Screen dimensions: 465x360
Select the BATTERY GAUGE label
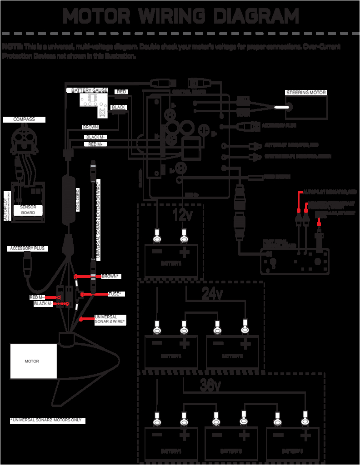pyautogui.click(x=89, y=91)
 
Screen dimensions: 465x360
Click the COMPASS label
pyautogui.click(x=24, y=119)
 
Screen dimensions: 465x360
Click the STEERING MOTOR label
pyautogui.click(x=306, y=93)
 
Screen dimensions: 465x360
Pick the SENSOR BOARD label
pyautogui.click(x=28, y=210)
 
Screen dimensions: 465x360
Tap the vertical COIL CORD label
pyautogui.click(x=78, y=200)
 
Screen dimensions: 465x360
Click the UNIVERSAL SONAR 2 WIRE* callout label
pyautogui.click(x=110, y=319)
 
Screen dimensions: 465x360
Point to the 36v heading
pyautogui.click(x=210, y=386)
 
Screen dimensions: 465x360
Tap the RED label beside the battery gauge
pyautogui.click(x=121, y=92)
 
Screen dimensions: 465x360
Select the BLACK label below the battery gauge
pyautogui.click(x=118, y=108)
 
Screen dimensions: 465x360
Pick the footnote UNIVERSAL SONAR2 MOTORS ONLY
pyautogui.click(x=47, y=420)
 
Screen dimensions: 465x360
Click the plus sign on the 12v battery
pyautogui.click(x=185, y=252)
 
